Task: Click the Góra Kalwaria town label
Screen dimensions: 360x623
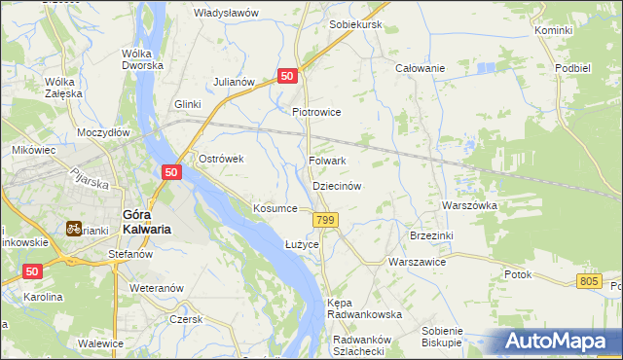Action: pyautogui.click(x=146, y=222)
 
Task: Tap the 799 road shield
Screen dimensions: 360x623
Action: pyautogui.click(x=326, y=222)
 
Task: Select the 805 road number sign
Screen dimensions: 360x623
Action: pyautogui.click(x=588, y=281)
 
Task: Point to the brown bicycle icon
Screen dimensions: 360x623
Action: pyautogui.click(x=73, y=229)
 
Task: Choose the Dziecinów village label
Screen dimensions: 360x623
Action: pyautogui.click(x=337, y=185)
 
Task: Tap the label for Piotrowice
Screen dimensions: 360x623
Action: pyautogui.click(x=316, y=112)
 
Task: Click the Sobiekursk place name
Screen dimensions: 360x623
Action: pyautogui.click(x=355, y=23)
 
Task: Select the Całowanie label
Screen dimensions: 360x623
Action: pyautogui.click(x=420, y=68)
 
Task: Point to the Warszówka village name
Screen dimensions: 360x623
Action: pyautogui.click(x=470, y=206)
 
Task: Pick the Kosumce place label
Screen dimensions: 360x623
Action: pyautogui.click(x=275, y=208)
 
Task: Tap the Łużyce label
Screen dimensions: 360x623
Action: pyautogui.click(x=302, y=243)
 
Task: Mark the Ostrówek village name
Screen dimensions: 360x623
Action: pyautogui.click(x=220, y=159)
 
